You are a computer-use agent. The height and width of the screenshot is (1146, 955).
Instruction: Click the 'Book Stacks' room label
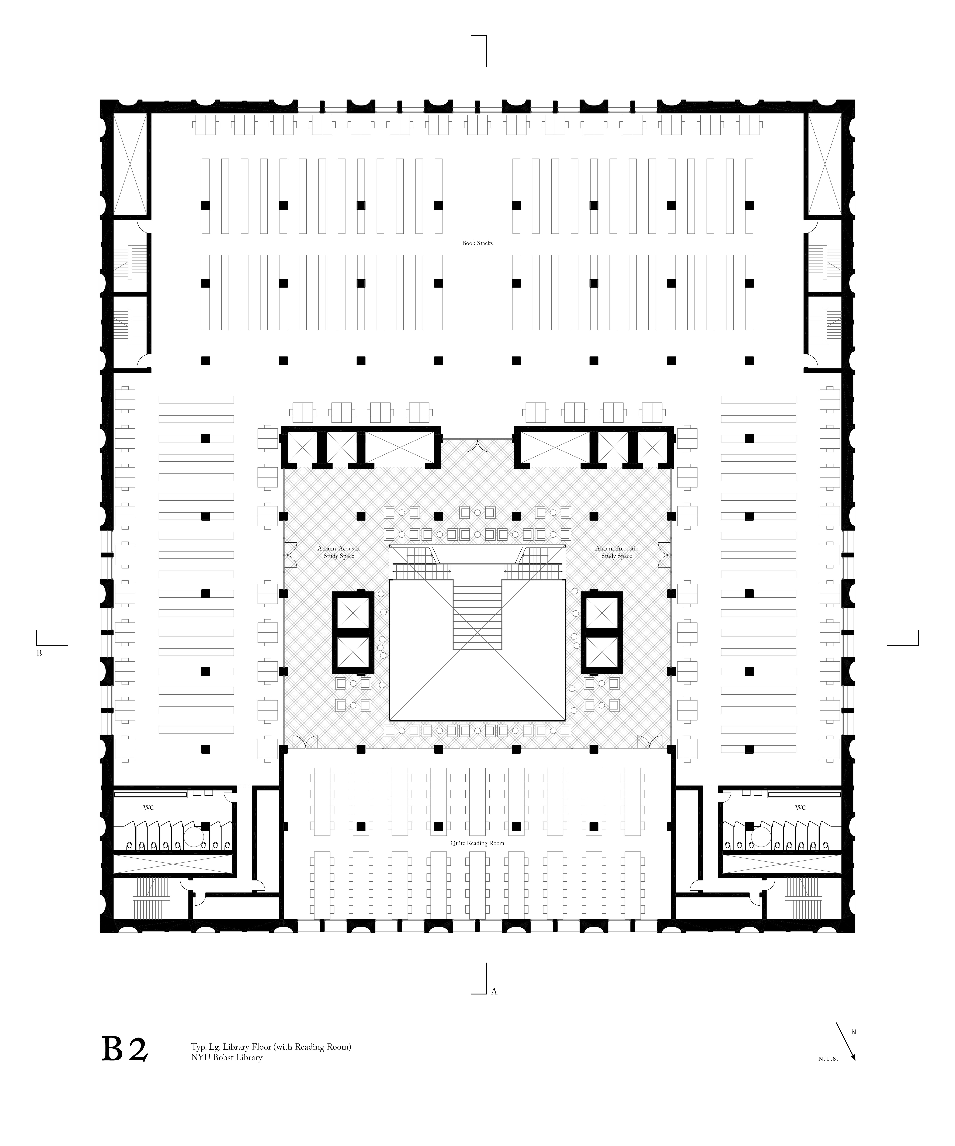pyautogui.click(x=477, y=243)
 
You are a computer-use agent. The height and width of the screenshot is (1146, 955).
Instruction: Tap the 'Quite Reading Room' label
pyautogui.click(x=477, y=843)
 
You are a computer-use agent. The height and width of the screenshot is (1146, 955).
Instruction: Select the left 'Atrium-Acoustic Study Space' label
pyautogui.click(x=339, y=552)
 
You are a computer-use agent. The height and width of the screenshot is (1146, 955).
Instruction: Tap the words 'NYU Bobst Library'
pyautogui.click(x=226, y=1058)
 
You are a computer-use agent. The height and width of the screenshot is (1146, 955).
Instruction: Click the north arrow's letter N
pyautogui.click(x=854, y=1032)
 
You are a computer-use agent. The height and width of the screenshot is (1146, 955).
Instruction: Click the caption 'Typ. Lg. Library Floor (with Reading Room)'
pyautogui.click(x=271, y=1047)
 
